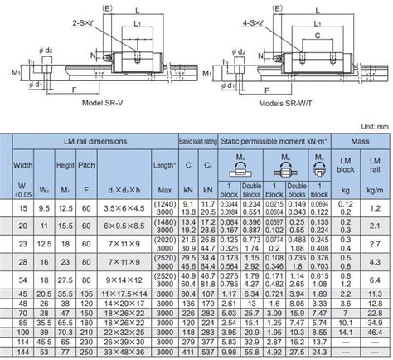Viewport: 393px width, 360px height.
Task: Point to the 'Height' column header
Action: pyautogui.click(x=66, y=166)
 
